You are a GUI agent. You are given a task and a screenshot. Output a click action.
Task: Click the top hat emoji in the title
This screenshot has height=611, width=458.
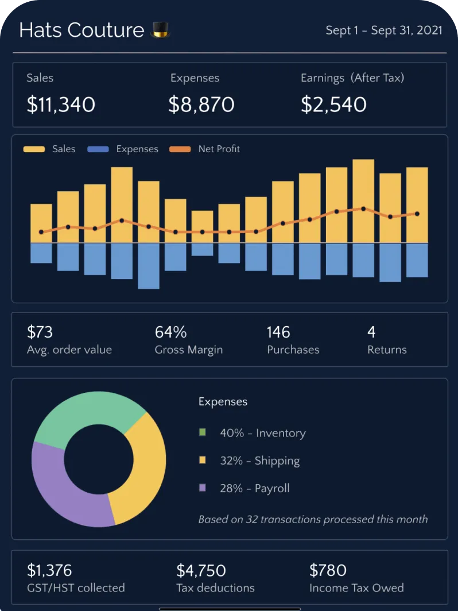click(x=160, y=30)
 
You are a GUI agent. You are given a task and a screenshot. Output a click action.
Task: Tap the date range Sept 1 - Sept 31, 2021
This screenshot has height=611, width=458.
click(x=384, y=30)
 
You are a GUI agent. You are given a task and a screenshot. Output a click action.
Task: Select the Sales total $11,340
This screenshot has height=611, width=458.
click(x=61, y=105)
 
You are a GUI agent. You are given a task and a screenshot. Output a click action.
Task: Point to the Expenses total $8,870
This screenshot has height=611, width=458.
click(x=201, y=105)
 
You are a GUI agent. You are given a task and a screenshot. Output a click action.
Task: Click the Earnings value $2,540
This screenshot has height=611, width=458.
click(x=333, y=105)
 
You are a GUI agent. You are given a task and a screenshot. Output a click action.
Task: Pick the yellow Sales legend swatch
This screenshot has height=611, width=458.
click(x=34, y=149)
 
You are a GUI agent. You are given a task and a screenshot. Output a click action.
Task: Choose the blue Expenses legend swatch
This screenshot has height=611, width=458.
click(x=98, y=149)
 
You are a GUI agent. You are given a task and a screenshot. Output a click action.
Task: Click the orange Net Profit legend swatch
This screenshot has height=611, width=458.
click(x=180, y=149)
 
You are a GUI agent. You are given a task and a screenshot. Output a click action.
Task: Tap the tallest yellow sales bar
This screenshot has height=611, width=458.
click(x=363, y=201)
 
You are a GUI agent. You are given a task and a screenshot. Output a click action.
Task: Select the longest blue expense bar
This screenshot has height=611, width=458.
click(x=149, y=265)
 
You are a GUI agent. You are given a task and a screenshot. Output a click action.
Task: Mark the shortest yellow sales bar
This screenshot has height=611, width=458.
click(x=202, y=226)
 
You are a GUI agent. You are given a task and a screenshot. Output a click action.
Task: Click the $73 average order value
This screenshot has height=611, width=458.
click(x=40, y=332)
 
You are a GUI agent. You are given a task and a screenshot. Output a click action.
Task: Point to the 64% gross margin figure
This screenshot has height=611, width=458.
click(x=170, y=332)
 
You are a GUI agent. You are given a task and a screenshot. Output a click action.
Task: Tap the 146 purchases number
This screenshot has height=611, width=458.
click(x=278, y=332)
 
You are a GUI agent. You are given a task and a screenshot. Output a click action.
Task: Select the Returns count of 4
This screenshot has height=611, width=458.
click(x=371, y=332)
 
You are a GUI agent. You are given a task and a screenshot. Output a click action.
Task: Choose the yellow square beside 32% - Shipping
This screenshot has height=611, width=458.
click(x=202, y=460)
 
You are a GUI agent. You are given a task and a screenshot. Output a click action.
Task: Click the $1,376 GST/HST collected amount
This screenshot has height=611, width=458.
click(x=49, y=570)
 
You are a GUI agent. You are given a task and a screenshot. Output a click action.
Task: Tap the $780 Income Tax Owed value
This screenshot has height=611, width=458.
click(x=328, y=570)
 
